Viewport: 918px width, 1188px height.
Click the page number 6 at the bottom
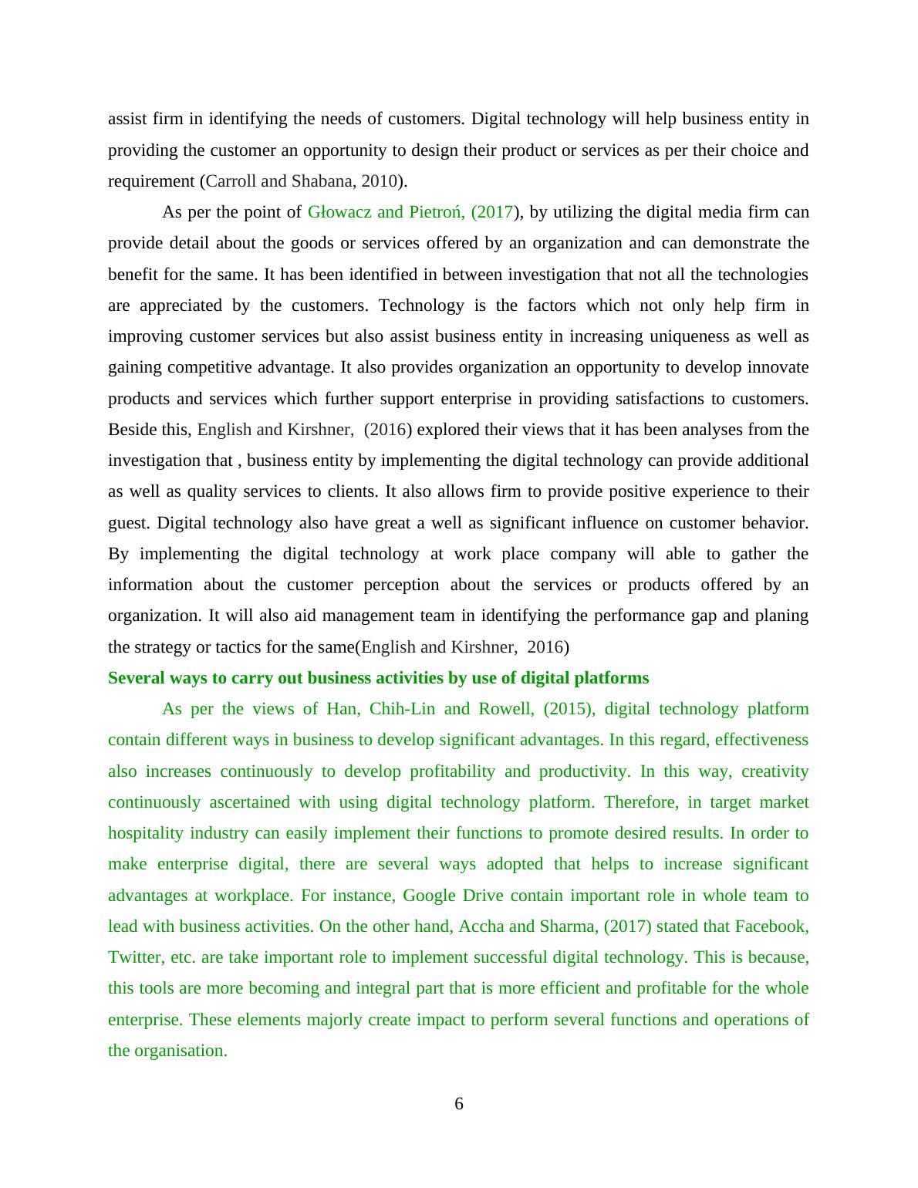[x=459, y=1104]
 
